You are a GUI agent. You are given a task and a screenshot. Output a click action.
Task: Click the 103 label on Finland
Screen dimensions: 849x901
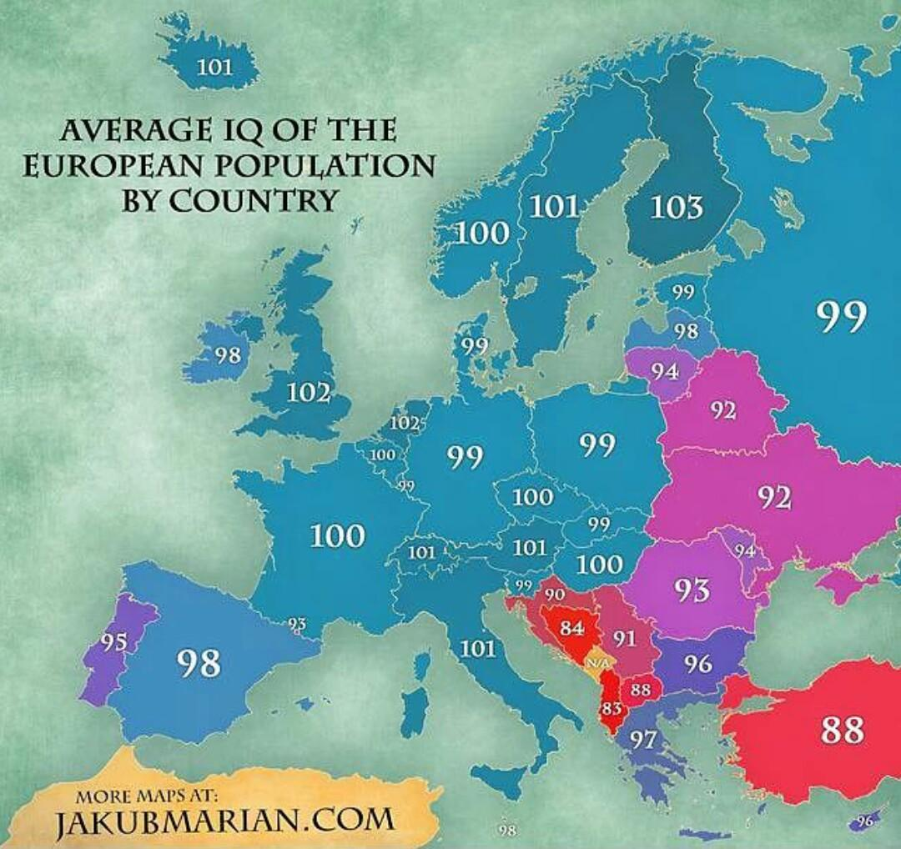677,206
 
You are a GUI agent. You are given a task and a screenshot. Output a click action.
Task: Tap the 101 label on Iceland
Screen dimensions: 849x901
214,66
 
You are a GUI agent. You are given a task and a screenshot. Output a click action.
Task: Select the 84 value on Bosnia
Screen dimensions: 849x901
571,628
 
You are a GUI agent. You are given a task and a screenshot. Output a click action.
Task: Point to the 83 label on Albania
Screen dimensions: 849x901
612,709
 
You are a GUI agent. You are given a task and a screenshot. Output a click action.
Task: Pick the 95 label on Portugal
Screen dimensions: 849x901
114,643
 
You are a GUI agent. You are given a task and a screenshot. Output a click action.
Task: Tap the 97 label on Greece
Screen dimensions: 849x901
642,739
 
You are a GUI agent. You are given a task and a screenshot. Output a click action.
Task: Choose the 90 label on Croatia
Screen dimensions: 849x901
555,595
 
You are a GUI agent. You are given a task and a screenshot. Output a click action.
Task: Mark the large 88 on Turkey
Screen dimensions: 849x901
842,730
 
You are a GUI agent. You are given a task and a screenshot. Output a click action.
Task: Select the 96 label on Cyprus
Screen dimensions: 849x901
864,821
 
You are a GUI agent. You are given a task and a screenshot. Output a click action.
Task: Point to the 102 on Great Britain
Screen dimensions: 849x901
309,391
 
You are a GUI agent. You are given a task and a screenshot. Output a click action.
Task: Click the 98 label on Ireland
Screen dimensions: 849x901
227,355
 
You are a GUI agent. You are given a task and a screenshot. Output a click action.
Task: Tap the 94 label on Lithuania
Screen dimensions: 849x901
665,372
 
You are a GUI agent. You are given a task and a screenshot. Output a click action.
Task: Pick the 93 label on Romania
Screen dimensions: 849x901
692,590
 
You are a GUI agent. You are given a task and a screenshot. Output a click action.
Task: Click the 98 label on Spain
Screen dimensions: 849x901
199,664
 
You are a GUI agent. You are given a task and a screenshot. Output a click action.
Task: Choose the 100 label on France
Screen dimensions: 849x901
338,535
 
